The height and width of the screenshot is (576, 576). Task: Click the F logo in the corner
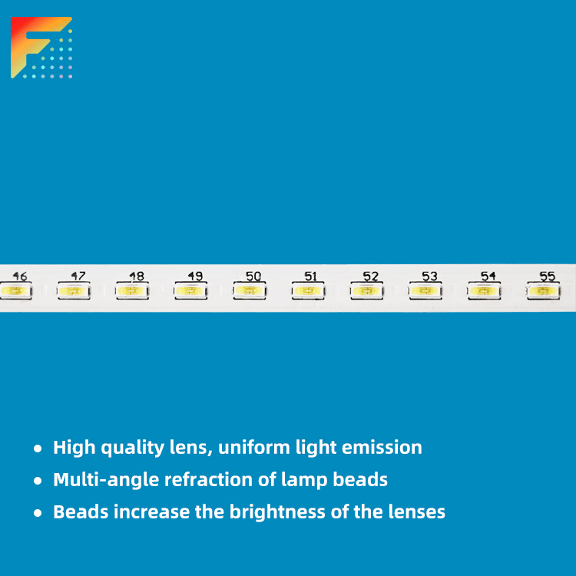tap(41, 48)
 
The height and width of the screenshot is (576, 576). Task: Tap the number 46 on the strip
tap(20, 276)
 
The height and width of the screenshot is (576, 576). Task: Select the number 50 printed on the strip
tap(253, 276)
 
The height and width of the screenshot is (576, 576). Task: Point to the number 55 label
tap(547, 276)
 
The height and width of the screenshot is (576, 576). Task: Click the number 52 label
tap(371, 276)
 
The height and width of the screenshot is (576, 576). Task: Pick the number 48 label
tap(137, 276)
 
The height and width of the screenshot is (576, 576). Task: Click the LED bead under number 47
tap(74, 291)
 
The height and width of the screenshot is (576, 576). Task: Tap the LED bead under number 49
tap(190, 291)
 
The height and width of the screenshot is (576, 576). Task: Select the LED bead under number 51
tap(308, 291)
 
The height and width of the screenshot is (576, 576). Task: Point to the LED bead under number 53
tap(425, 291)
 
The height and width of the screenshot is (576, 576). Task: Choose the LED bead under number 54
tap(484, 291)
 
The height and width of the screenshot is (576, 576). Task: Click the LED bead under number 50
tap(250, 291)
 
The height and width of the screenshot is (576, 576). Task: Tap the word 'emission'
tap(382, 448)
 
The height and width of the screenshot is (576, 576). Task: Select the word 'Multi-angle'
tap(106, 480)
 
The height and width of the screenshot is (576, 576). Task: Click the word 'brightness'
tap(277, 512)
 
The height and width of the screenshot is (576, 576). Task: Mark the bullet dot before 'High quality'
tap(38, 449)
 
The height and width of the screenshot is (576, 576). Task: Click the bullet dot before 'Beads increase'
tap(38, 513)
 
